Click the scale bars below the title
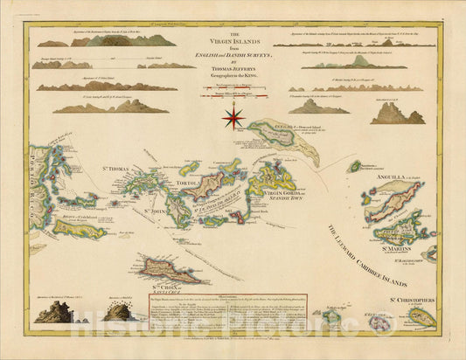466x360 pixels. (233, 91)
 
